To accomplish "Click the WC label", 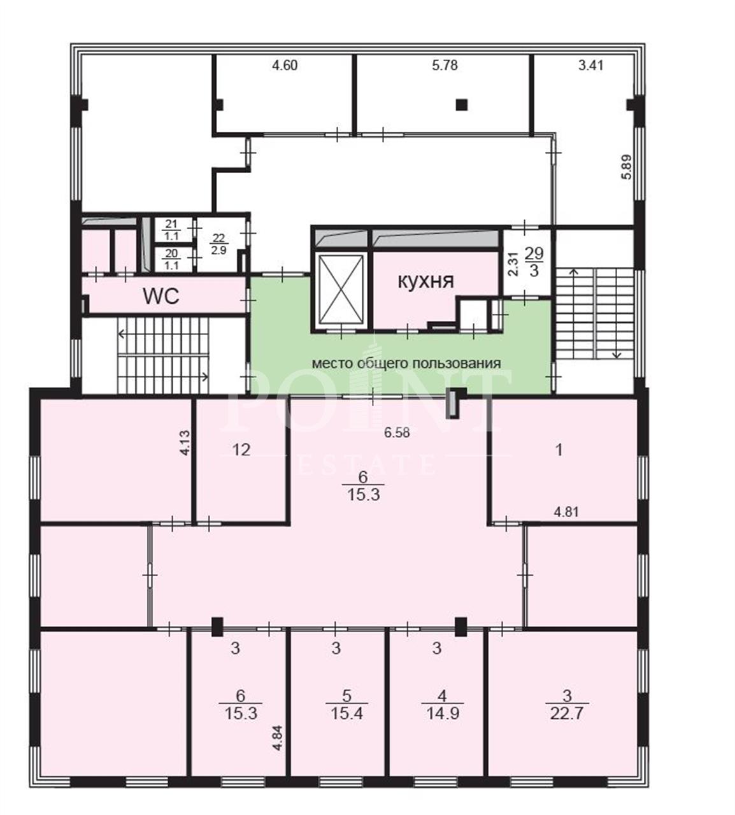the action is [161, 296].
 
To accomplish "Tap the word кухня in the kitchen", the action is [425, 281].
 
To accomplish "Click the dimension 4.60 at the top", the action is [285, 65].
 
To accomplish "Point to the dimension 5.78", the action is [445, 65].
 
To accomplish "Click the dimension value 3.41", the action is [590, 65].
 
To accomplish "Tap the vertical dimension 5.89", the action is [627, 167].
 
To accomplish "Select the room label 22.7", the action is [567, 713].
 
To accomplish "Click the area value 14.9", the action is [443, 713].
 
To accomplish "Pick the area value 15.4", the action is [346, 713].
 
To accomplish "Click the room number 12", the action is [241, 450].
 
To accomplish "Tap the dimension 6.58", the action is [397, 432].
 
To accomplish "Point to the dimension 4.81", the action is [566, 511].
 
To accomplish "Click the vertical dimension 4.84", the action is [278, 738].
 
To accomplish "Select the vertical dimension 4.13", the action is [185, 443].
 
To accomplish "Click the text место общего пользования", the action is [406, 363].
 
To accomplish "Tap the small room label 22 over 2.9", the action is [218, 244].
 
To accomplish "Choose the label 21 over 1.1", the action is [171, 230].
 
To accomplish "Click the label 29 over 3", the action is [534, 262].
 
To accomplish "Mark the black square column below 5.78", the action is [461, 105].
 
